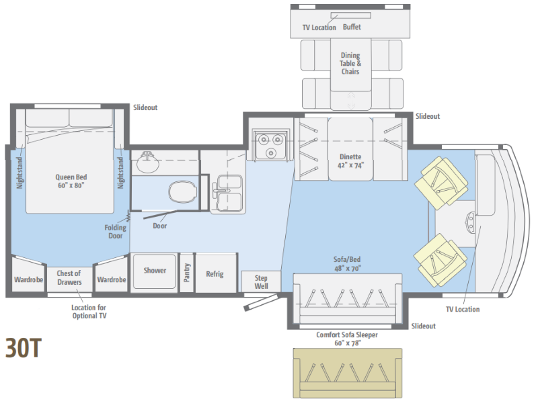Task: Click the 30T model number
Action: pyautogui.click(x=24, y=348)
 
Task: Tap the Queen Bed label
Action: pyautogui.click(x=71, y=181)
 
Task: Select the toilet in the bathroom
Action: pyautogui.click(x=182, y=192)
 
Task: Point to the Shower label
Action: pyautogui.click(x=155, y=271)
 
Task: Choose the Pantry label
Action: pyautogui.click(x=187, y=273)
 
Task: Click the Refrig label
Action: pyautogui.click(x=215, y=274)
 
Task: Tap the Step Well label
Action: pyautogui.click(x=261, y=282)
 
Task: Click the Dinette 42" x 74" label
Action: pyautogui.click(x=350, y=161)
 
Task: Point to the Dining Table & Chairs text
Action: pyautogui.click(x=350, y=63)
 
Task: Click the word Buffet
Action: pyautogui.click(x=352, y=27)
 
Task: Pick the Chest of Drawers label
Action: pyautogui.click(x=69, y=277)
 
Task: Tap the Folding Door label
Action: pyautogui.click(x=115, y=231)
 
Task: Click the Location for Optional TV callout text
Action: pyautogui.click(x=89, y=312)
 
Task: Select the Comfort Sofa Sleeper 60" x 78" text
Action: pyautogui.click(x=347, y=339)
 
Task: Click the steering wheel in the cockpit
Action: pyautogui.click(x=470, y=222)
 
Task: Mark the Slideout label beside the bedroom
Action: pyautogui.click(x=145, y=107)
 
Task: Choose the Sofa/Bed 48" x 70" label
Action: pyautogui.click(x=347, y=263)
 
